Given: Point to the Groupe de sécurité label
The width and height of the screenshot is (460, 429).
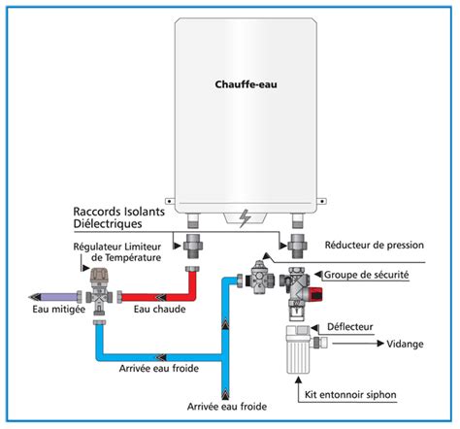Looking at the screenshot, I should click(366, 276).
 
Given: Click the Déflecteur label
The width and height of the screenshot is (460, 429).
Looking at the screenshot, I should click(355, 328).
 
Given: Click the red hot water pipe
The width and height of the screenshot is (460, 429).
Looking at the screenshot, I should click(165, 292).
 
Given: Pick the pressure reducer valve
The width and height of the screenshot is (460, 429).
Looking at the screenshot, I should click(260, 278).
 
